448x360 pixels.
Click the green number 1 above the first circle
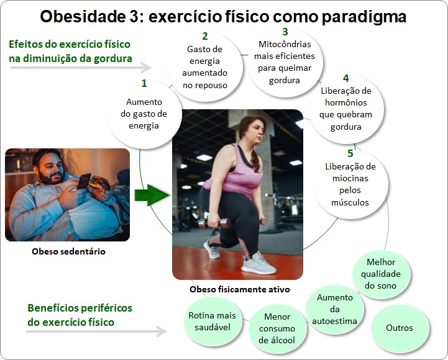coord(144,83)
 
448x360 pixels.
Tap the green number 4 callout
coord(345,78)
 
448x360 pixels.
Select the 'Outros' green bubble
coord(400,328)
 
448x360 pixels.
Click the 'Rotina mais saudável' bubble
coord(213,321)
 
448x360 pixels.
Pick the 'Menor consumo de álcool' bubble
coord(277,328)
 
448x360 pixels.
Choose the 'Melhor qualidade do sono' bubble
coord(380,274)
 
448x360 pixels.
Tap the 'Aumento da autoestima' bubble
coord(334,309)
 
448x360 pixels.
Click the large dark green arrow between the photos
coord(152,195)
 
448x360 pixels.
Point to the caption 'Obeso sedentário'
coord(68,251)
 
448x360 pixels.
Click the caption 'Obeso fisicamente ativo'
coord(240,289)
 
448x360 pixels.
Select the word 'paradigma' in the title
coord(363,17)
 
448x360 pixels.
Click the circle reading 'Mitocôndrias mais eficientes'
coord(285,62)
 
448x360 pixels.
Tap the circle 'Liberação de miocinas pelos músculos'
coord(350,184)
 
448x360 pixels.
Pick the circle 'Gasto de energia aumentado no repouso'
coord(205,67)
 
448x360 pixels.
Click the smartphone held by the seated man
coord(83,181)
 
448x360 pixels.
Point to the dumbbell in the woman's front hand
coord(214,223)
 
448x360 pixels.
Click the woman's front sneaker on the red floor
coord(258,264)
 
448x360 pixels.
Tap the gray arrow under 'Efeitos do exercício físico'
coord(81,68)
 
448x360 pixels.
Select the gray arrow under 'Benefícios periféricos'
coord(96,331)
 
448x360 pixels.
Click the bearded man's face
coord(49,167)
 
